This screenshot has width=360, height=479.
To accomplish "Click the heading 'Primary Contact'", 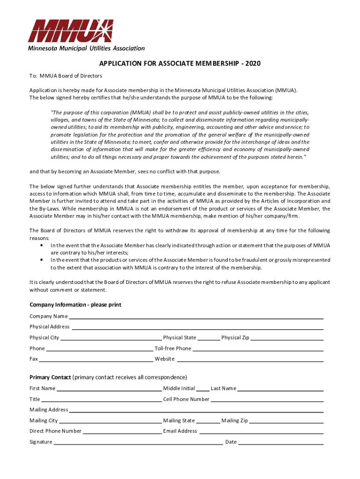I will [50, 377].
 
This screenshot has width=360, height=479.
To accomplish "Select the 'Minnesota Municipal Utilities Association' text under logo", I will [86, 48].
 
